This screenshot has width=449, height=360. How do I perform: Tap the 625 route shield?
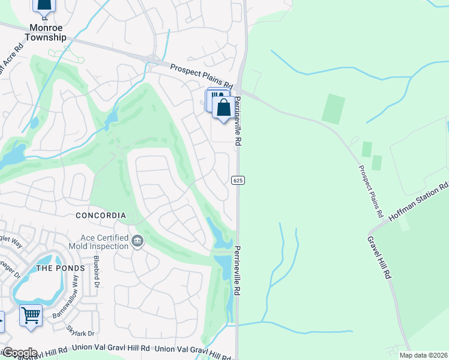point(237,180)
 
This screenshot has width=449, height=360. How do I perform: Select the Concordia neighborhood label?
point(101,215)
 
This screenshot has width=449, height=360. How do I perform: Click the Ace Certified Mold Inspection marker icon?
point(137,241)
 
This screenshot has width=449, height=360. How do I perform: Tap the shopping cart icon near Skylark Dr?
point(31,314)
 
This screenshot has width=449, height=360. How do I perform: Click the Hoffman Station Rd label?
point(418,203)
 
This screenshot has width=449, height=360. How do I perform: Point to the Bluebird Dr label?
point(95,273)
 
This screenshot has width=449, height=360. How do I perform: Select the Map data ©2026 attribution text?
point(423,355)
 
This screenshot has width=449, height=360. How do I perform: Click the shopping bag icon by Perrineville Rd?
point(223,108)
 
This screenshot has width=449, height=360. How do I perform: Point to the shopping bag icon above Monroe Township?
point(44,5)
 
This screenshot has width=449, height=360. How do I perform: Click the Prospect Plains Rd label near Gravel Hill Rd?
point(370,191)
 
